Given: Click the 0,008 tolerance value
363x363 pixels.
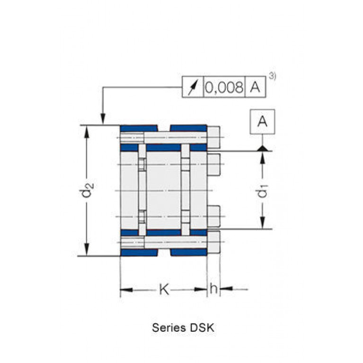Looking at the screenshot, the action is click(224, 87).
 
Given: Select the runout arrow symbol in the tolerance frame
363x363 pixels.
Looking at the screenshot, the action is click(193, 87).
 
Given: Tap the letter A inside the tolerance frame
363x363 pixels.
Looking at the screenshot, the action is click(255, 87).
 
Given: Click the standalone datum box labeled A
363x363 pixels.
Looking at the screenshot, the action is click(262, 122).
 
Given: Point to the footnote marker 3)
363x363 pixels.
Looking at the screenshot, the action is click(273, 76).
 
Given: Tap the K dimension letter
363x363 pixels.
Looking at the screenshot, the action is click(164, 289).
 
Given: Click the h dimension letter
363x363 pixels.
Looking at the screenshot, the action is click(213, 288).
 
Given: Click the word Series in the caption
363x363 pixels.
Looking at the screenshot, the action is click(169, 328).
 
